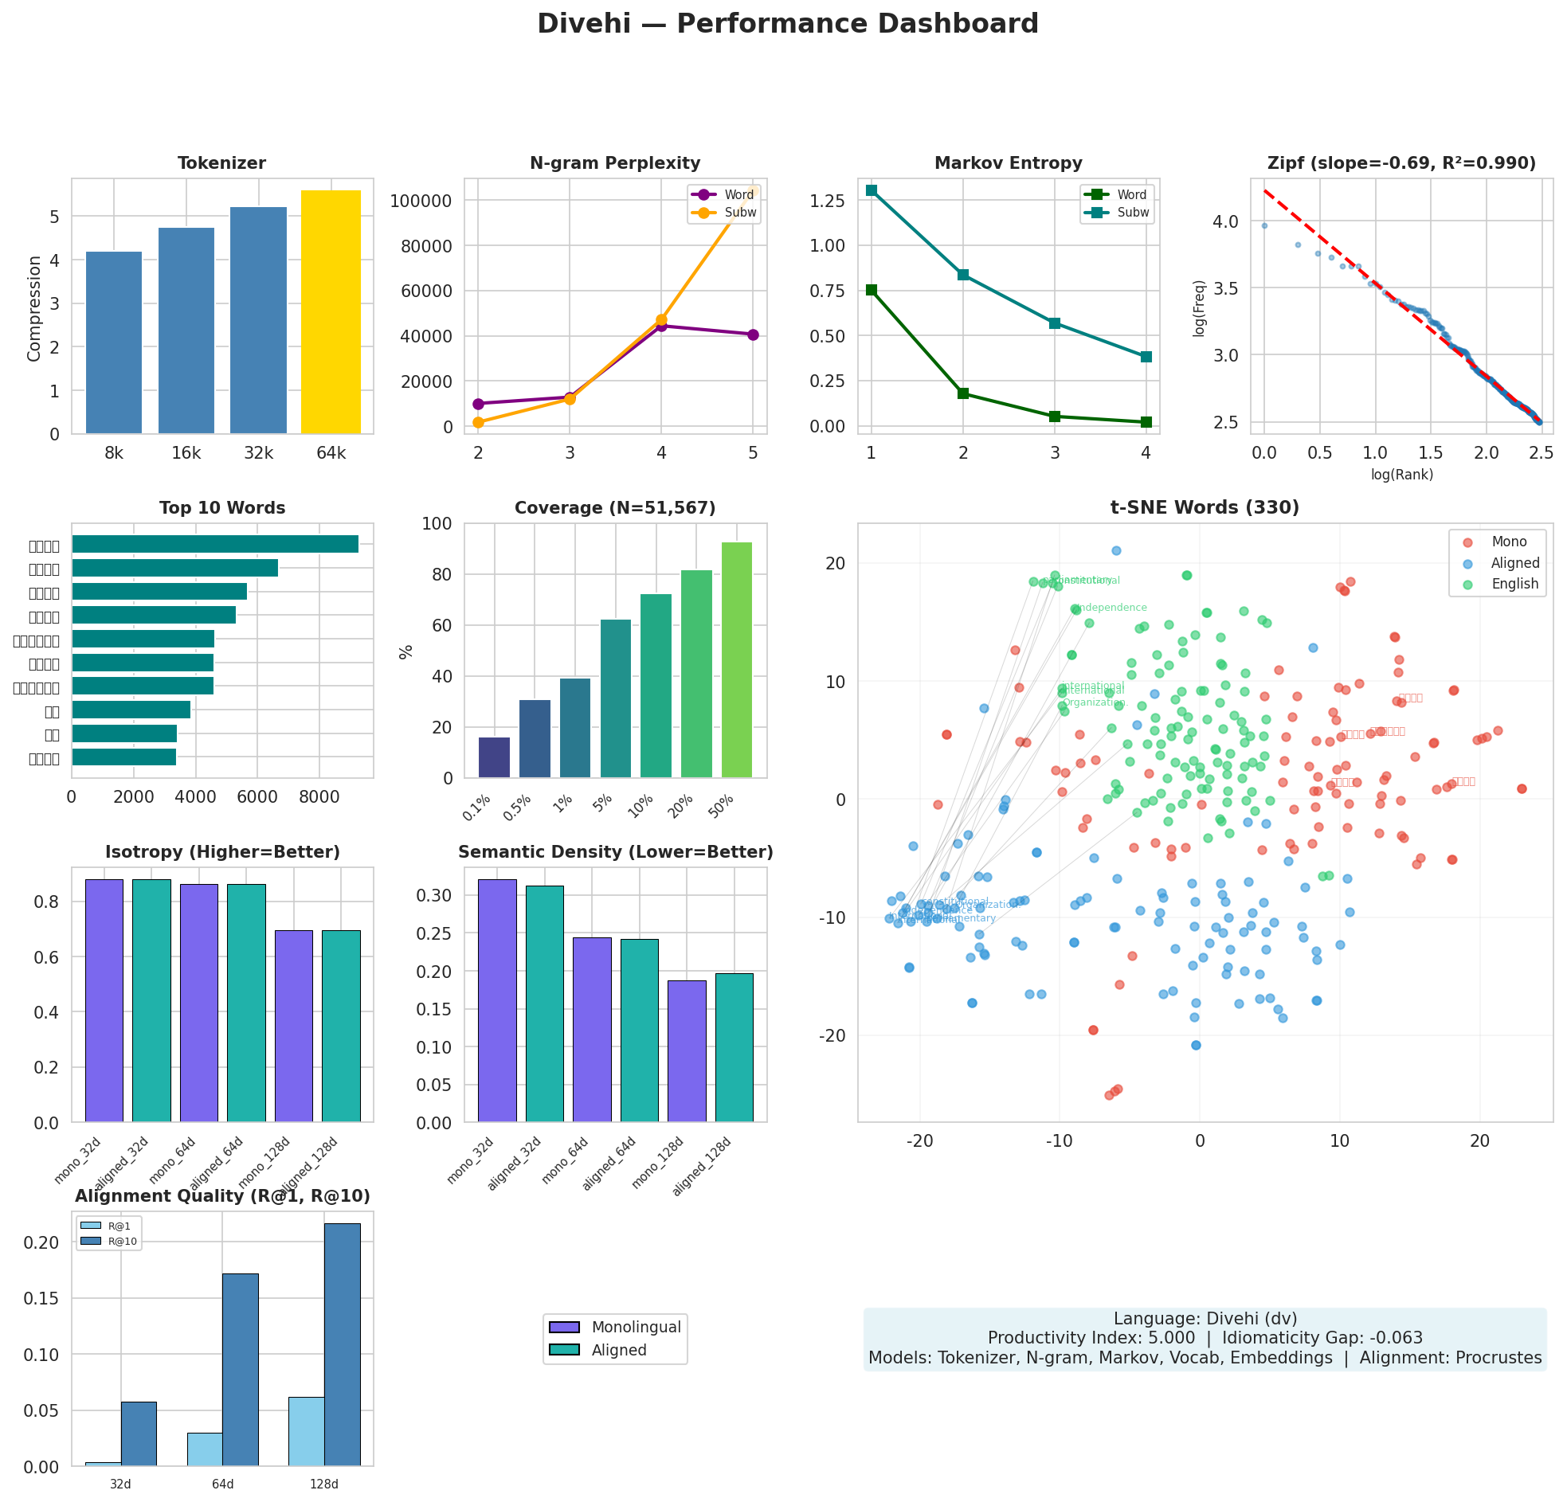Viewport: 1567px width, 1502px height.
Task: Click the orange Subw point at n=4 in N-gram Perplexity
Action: tap(661, 319)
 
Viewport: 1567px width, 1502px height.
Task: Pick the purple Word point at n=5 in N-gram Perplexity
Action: tap(752, 334)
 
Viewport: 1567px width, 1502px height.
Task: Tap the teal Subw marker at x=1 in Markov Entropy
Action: tap(872, 190)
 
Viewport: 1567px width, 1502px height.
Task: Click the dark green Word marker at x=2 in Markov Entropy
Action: tap(962, 393)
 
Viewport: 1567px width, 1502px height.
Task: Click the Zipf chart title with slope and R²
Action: tap(1401, 163)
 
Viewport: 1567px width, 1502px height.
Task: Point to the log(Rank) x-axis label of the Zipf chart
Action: tap(1401, 475)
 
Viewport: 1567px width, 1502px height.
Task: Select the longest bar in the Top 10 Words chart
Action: tap(214, 545)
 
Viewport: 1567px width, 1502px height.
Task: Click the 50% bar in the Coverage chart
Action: tap(736, 659)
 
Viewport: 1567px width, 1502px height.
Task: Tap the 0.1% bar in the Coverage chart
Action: tap(494, 757)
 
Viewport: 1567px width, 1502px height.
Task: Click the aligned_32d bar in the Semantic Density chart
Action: tap(544, 1003)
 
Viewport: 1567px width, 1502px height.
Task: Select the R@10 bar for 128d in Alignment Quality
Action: tap(343, 1344)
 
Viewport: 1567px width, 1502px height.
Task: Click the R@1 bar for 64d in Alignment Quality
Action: tap(205, 1449)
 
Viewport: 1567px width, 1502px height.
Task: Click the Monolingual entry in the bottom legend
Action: tap(636, 1328)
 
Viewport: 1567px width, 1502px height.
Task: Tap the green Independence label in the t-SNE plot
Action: tap(1111, 608)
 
